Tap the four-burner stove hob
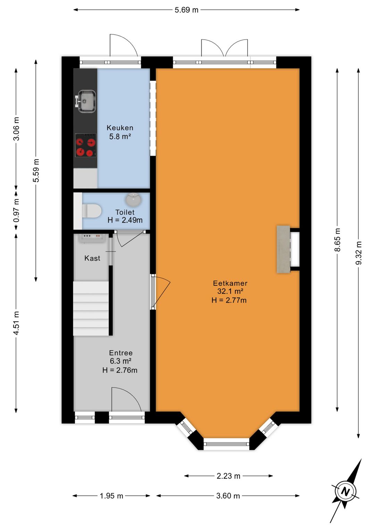[86, 145]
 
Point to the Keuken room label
[120, 128]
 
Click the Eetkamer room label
[230, 283]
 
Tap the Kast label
[92, 258]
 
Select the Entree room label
[121, 353]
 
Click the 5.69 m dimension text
[186, 10]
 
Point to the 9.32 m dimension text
[359, 253]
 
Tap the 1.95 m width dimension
[111, 496]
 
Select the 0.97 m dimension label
[16, 210]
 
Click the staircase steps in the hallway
[91, 308]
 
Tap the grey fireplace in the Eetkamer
[283, 249]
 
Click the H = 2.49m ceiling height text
[125, 220]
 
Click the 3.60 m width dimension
[228, 496]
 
